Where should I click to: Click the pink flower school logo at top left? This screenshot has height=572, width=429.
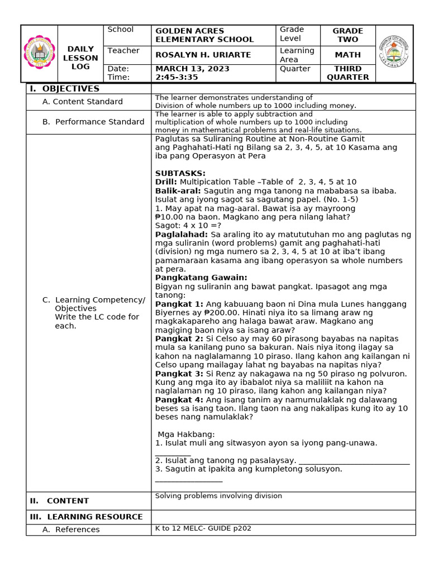point(39,54)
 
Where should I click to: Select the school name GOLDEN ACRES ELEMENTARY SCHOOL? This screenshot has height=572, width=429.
point(204,35)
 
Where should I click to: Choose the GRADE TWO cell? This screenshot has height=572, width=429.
point(347,35)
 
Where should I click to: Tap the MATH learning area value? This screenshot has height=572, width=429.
point(347,55)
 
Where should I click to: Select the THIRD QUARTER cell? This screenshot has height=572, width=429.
point(347,73)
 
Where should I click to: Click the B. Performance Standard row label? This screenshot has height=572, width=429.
point(93,122)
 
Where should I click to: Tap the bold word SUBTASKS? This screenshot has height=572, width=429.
point(180,174)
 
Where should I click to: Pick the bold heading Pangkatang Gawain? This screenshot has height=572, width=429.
point(201,278)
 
